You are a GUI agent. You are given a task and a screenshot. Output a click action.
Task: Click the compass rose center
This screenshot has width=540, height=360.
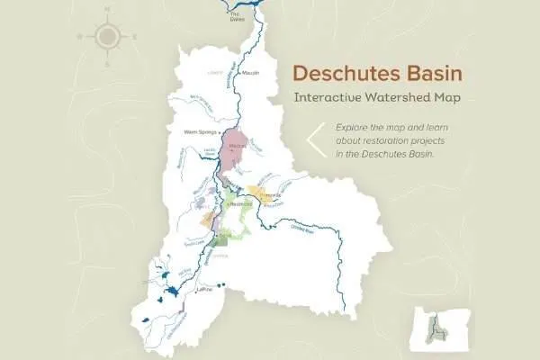pyautogui.click(x=108, y=36)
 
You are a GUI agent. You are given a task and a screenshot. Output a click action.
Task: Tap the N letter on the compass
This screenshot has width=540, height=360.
pyautogui.click(x=108, y=8)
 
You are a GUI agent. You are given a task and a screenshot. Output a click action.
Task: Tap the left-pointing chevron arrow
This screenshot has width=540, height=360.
pyautogui.click(x=315, y=140)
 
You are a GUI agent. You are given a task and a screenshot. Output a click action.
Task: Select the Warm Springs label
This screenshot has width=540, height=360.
pyautogui.click(x=199, y=131)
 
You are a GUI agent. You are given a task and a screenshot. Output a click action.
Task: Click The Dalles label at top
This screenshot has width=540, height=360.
pyautogui.click(x=237, y=15)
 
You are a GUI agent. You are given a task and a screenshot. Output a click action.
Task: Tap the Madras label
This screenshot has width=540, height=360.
pyautogui.click(x=238, y=145)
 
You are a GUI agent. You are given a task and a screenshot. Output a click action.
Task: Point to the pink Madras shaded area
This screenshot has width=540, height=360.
pyautogui.click(x=238, y=155)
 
